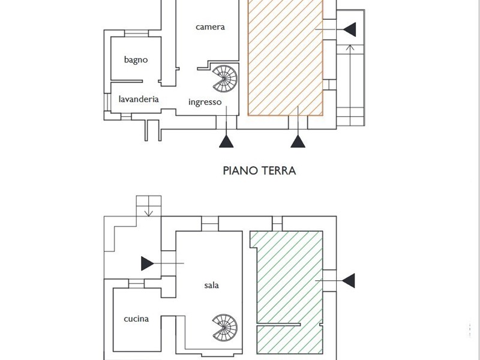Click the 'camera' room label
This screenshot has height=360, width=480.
tap(210, 27)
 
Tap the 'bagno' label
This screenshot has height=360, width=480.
tap(136, 59)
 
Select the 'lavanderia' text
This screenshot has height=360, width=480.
tap(139, 99)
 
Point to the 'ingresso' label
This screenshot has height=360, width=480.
tap(205, 102)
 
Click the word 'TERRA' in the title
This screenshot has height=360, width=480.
tap(278, 170)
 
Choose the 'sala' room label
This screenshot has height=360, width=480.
tap(211, 285)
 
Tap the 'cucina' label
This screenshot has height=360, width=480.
tap(136, 319)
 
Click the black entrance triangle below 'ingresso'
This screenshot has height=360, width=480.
tap(226, 142)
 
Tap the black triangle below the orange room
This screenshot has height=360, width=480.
tap(298, 142)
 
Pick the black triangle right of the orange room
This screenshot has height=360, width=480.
tap(350, 28)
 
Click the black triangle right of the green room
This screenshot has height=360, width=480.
tap(348, 280)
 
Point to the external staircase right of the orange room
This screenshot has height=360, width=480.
tap(350, 84)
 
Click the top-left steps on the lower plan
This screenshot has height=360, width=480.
tap(149, 206)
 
